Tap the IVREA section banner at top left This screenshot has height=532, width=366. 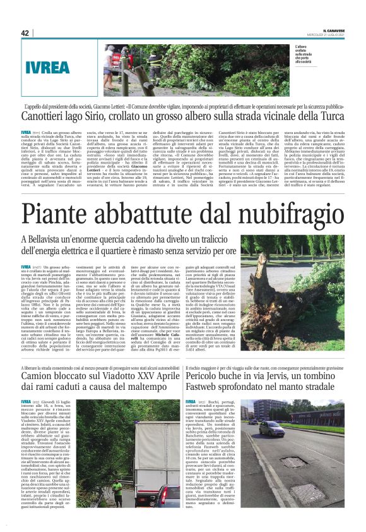48,66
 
